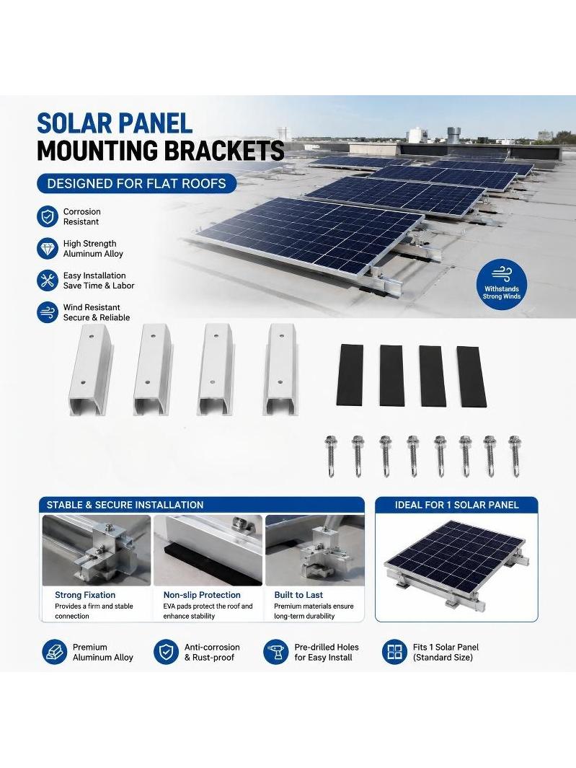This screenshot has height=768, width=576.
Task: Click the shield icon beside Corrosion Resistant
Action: tap(48, 216)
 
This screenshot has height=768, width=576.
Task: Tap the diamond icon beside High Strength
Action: tap(48, 248)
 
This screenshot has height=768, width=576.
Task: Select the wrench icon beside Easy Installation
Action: tap(48, 281)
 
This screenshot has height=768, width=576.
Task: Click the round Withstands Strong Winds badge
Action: tap(502, 285)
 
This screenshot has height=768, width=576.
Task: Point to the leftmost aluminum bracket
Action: tap(91, 370)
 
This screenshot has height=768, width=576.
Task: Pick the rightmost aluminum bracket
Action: tap(280, 370)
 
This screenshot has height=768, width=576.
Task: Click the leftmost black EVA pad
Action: tap(350, 375)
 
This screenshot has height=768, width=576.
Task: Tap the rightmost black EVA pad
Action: tap(471, 376)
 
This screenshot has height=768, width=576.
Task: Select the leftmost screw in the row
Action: tap(331, 456)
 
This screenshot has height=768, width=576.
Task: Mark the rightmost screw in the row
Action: tap(514, 456)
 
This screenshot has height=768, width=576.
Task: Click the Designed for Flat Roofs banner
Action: tap(137, 184)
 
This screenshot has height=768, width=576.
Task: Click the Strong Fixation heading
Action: tap(85, 595)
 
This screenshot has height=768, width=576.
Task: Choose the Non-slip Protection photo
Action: tap(208, 550)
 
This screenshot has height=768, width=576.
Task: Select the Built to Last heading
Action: tap(298, 595)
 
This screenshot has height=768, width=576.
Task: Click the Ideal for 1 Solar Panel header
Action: tap(456, 505)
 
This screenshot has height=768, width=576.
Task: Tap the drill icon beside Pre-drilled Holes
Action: tap(276, 652)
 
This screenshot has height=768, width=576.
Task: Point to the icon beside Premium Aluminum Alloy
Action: tap(54, 652)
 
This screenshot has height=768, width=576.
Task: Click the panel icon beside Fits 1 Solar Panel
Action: tap(394, 652)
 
